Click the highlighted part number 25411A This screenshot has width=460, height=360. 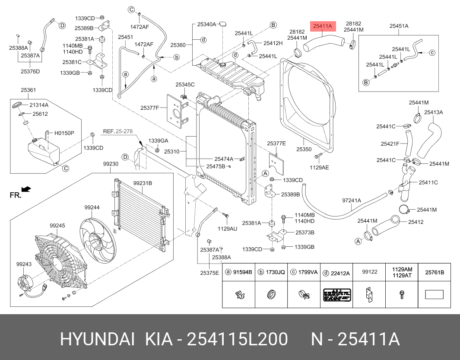[322, 26]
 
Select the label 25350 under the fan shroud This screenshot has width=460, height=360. [304, 149]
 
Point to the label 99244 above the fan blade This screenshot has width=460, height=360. [92, 207]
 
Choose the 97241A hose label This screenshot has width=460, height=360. [351, 201]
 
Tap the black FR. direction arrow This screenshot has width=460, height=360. [26, 189]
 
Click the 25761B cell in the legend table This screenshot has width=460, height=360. [435, 272]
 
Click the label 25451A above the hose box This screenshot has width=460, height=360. [399, 26]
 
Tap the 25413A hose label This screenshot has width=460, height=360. [433, 112]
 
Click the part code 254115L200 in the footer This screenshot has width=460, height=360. [237, 340]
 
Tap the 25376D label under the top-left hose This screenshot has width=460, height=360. [30, 71]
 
